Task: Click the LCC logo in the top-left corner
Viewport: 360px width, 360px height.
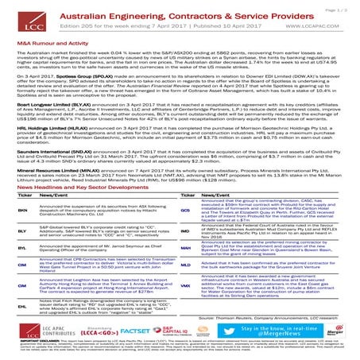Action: tap(18, 17)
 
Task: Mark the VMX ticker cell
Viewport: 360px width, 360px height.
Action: tap(185, 301)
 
